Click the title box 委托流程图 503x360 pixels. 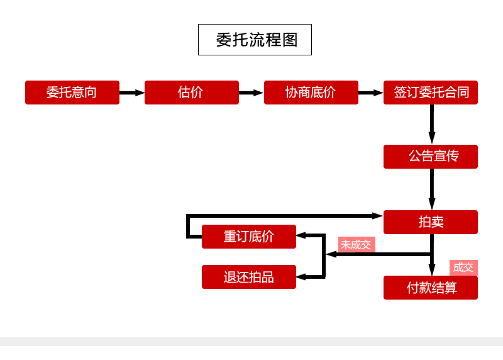[x=255, y=40]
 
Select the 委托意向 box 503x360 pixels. [x=72, y=93]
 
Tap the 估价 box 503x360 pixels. [x=192, y=93]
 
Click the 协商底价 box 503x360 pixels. [x=311, y=93]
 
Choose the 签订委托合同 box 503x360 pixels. [x=431, y=93]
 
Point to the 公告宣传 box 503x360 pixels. [x=431, y=157]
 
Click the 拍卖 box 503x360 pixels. [x=431, y=222]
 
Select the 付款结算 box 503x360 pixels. [x=431, y=288]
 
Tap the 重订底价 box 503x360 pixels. [x=249, y=237]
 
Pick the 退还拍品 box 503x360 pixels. [x=249, y=277]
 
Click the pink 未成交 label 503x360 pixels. [x=356, y=244]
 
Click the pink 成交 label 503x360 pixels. [x=463, y=267]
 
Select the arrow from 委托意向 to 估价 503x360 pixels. [x=132, y=93]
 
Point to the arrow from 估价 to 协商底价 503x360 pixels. [x=251, y=93]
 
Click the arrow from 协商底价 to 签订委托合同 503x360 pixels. [x=371, y=93]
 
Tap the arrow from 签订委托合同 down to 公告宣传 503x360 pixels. [x=432, y=125]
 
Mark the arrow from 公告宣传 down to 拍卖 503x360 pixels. [x=432, y=189]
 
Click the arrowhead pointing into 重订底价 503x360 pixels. [x=301, y=235]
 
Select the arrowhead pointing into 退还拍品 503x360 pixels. [x=301, y=277]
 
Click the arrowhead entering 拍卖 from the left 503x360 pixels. [x=377, y=216]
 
